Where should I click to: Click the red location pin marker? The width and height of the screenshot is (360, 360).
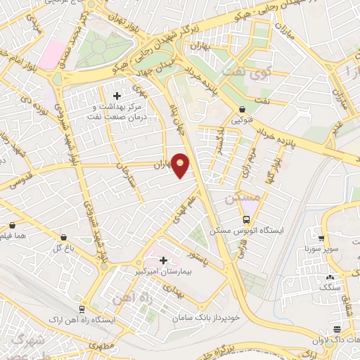click(181, 165)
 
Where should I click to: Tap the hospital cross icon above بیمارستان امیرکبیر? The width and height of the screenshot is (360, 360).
click(164, 259)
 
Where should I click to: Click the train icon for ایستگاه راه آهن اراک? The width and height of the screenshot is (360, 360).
click(82, 309)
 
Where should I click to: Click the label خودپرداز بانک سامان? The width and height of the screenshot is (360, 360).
click(208, 317)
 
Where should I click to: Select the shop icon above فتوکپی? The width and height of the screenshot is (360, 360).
click(243, 109)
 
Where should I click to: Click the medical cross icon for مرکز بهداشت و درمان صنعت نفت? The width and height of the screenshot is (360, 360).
click(117, 95)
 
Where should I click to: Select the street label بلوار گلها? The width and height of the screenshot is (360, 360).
click(266, 170)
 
